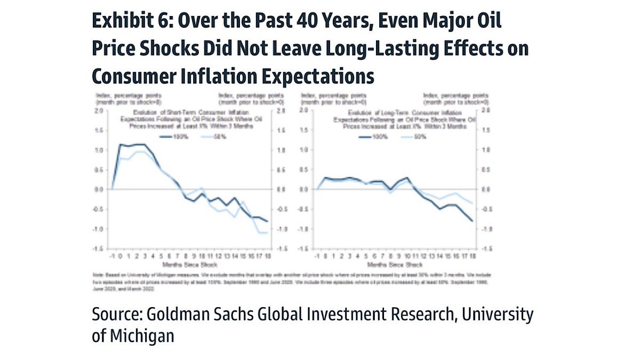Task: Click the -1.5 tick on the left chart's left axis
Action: click(98, 249)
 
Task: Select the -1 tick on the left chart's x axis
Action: click(112, 257)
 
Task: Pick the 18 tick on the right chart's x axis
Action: click(471, 257)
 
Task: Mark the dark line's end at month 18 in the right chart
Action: click(472, 221)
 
